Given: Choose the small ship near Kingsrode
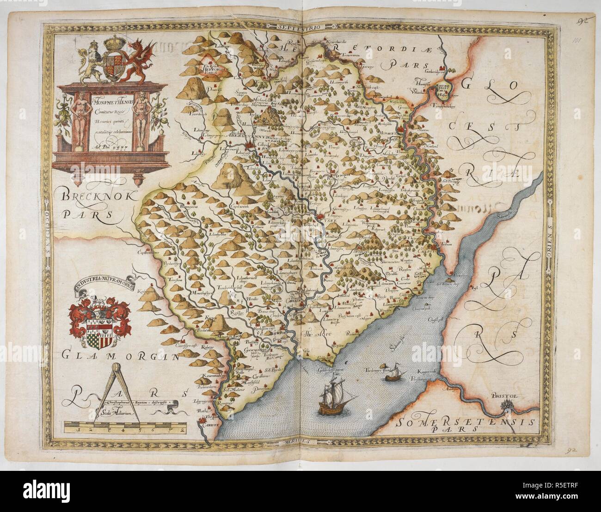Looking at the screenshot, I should coord(392,377).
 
